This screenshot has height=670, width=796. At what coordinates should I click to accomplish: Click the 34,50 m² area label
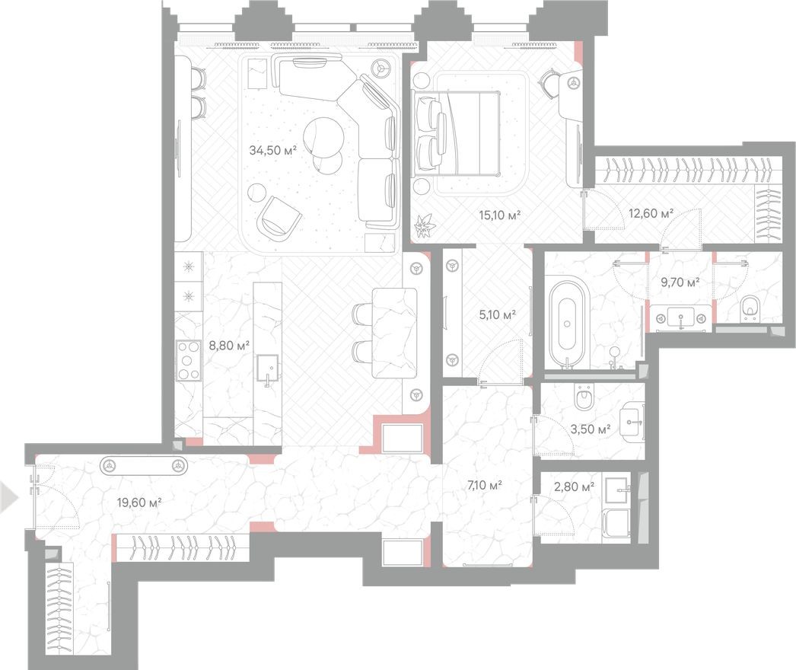pos(272,150)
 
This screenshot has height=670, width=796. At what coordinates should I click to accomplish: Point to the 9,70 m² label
pos(680,282)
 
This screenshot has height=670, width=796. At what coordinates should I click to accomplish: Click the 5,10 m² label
pos(497,314)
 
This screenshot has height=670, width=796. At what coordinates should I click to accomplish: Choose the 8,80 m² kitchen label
pos(230,345)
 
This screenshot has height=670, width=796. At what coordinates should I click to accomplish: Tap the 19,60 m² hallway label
pos(139,501)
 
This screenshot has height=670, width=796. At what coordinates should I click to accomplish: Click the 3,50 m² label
pos(591,430)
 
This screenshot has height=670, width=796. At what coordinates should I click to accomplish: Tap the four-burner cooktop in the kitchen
pos(188,362)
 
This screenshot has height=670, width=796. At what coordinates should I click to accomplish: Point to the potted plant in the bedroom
pos(422,225)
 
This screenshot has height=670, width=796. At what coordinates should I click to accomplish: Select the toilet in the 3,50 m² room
pos(584,397)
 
